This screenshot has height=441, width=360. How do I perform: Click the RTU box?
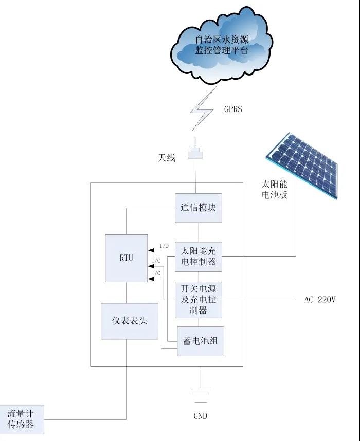pos(126,258)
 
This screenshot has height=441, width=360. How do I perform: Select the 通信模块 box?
pos(199,208)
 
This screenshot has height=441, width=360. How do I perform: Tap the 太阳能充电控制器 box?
pos(199,256)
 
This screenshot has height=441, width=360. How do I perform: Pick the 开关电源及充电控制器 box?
pos(199,300)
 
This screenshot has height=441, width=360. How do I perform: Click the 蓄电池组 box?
pos(201,341)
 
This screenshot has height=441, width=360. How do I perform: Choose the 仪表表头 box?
pos(129,320)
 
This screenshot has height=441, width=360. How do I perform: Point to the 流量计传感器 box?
pos(21,419)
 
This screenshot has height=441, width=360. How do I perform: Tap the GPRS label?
pos(232,109)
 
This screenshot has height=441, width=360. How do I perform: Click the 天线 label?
pos(166,158)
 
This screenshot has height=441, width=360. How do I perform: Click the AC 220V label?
pos(319,299)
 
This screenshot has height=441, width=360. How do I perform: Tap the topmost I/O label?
pos(164,246)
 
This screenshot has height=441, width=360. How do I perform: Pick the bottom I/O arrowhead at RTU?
pos(151,278)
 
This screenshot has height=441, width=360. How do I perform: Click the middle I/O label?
pos(156,261)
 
